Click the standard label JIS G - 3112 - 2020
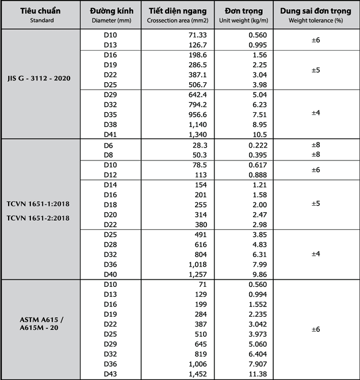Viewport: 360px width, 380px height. (x=40, y=78)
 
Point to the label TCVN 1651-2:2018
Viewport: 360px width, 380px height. (x=40, y=217)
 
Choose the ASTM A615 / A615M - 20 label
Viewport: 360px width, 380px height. (x=40, y=323)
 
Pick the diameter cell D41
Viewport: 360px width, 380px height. (x=110, y=133)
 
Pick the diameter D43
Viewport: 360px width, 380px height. (x=110, y=374)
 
